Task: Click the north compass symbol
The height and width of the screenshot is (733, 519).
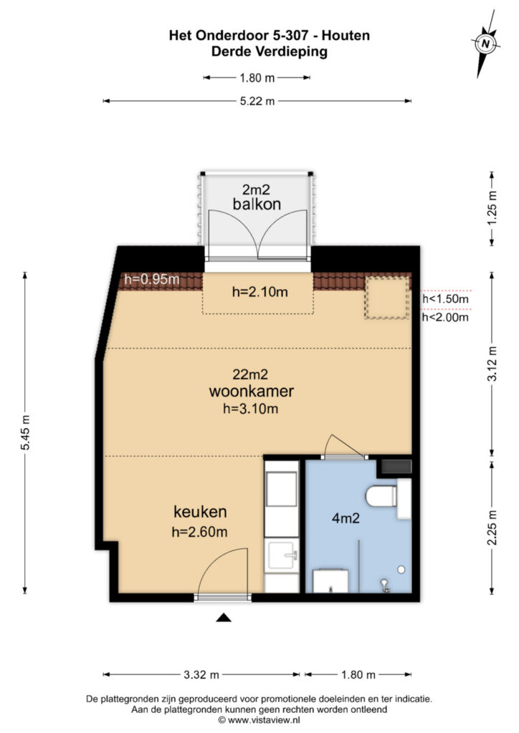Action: (486, 44)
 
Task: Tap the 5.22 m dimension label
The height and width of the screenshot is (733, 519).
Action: (258, 102)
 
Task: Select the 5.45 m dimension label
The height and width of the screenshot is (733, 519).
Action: (27, 433)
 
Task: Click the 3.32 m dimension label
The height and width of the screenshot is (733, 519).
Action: (201, 674)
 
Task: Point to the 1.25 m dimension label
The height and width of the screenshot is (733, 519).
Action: (492, 208)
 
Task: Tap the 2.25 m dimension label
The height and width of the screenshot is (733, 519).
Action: (492, 527)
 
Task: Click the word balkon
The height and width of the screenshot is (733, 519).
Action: (257, 204)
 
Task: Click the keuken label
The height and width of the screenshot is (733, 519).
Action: (200, 512)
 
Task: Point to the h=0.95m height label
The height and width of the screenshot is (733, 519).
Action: (151, 279)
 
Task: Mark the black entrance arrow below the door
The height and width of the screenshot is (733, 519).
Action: (224, 618)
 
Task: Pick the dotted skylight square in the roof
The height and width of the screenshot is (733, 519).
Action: (384, 297)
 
